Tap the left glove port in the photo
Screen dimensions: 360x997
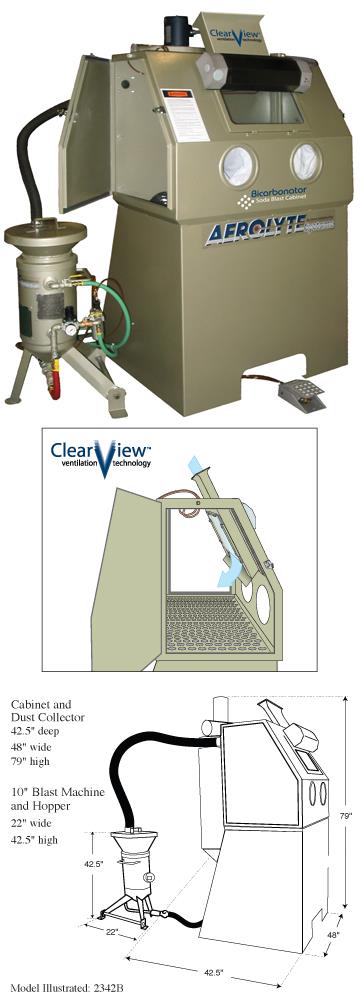tap(240, 162)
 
